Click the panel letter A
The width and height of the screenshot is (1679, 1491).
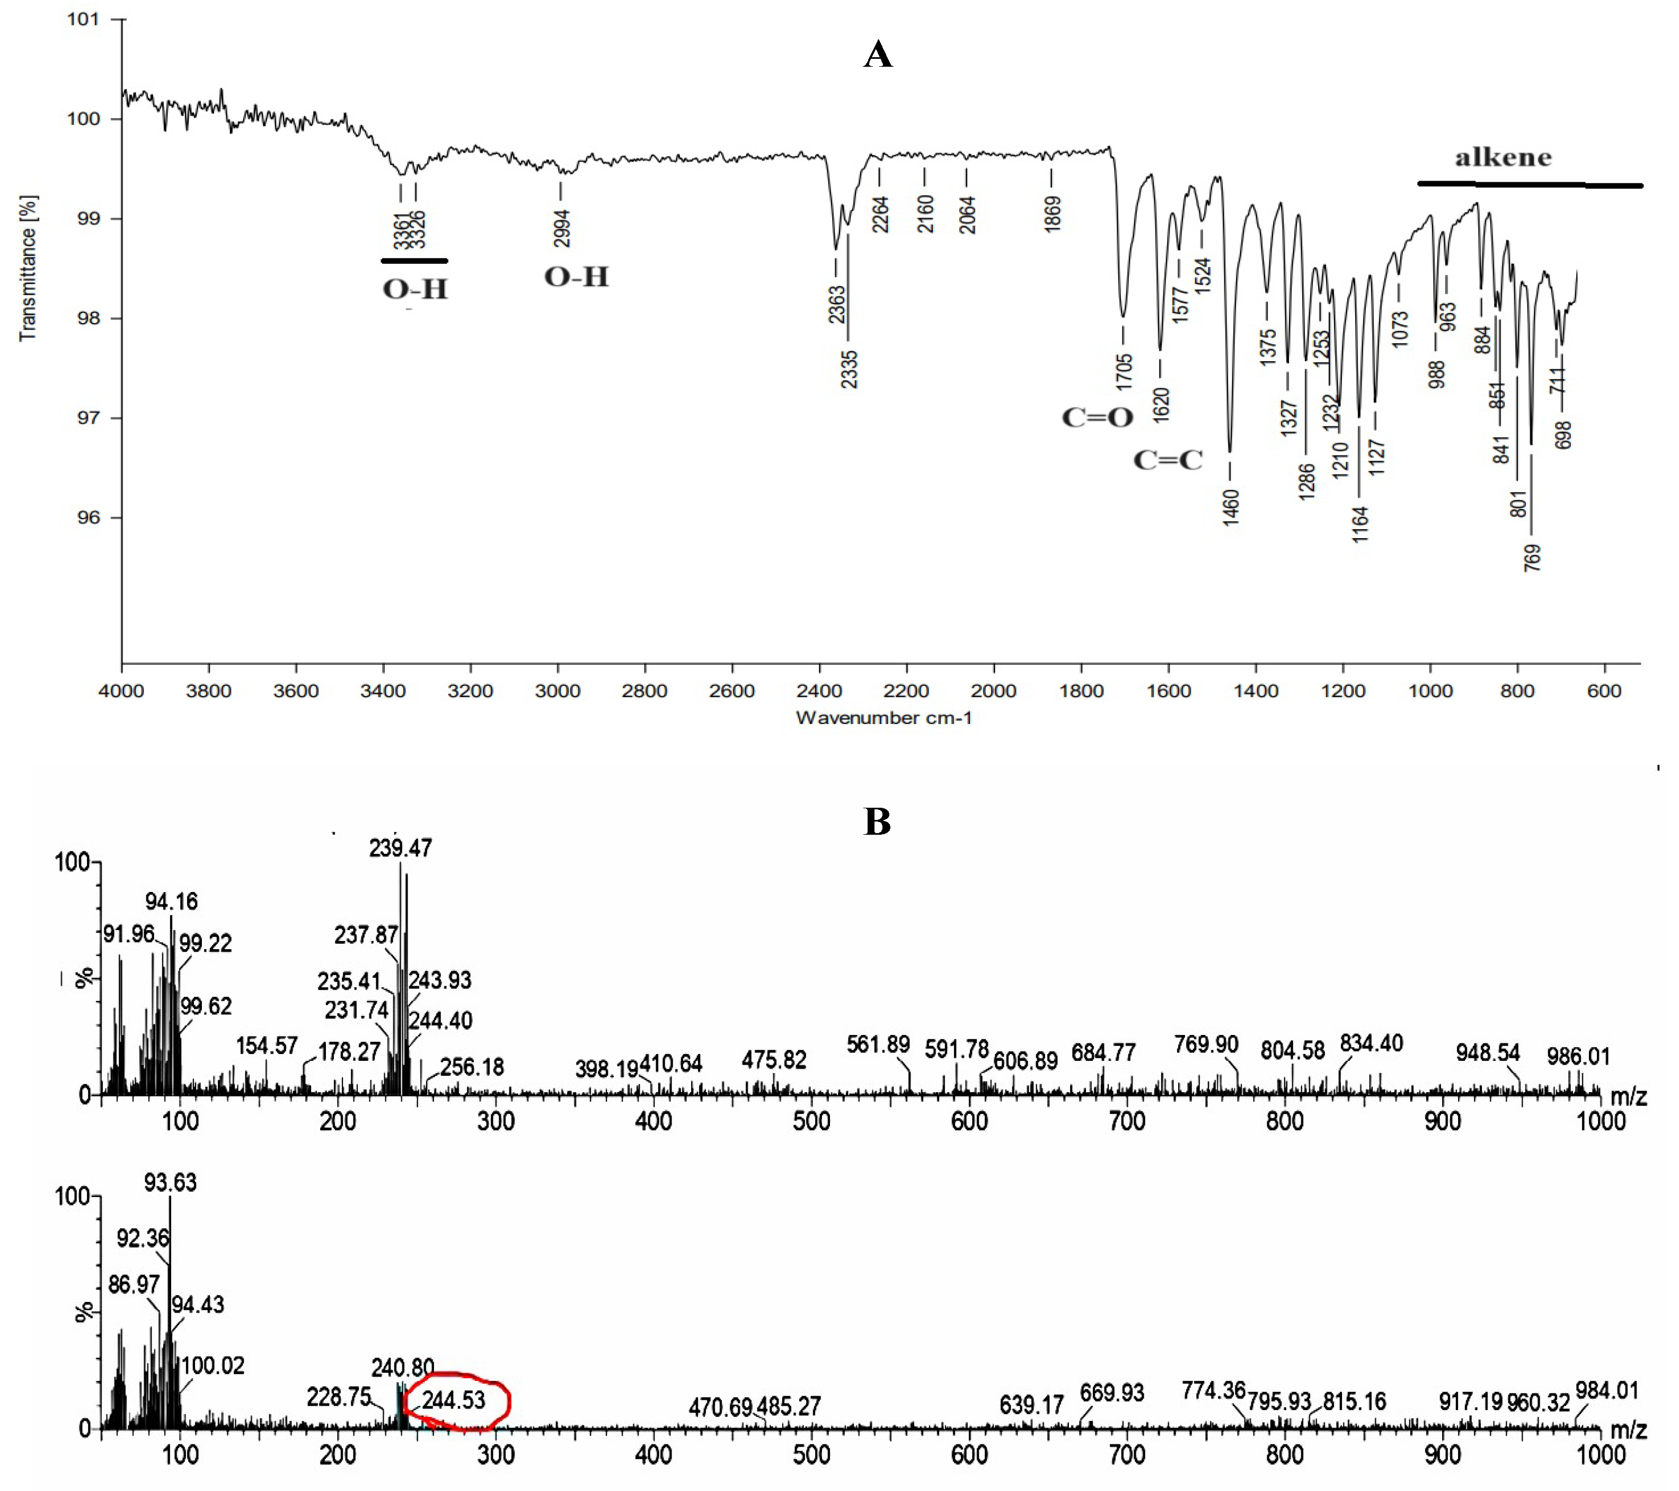(877, 55)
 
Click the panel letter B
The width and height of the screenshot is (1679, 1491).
(877, 821)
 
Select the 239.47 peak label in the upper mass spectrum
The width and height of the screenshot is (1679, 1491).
(400, 848)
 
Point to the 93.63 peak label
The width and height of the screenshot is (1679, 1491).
(170, 1182)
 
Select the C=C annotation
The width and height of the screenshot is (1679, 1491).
(1167, 460)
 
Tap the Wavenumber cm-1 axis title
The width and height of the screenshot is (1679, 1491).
(884, 718)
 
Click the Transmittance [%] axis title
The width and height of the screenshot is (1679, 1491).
(28, 267)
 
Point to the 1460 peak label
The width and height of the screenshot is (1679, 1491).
(1230, 506)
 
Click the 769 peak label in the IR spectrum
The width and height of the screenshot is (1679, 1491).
(1532, 558)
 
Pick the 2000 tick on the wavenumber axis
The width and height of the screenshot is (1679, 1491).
(994, 691)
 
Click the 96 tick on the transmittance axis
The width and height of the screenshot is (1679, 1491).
(88, 518)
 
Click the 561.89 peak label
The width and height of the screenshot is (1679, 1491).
(878, 1044)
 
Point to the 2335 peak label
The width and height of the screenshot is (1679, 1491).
(849, 369)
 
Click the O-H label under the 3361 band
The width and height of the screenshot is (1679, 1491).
(415, 289)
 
